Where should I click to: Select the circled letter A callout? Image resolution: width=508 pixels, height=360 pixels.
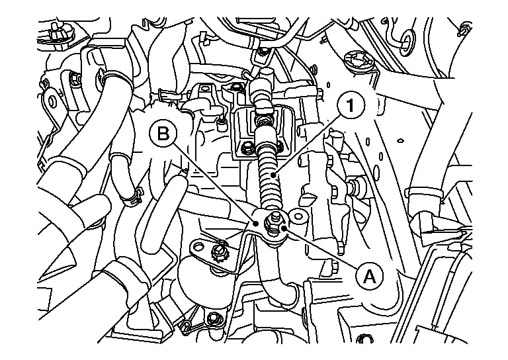(x=369, y=277)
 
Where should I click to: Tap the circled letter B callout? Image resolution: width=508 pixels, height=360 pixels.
(x=163, y=134)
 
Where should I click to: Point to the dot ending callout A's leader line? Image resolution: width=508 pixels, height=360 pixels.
(x=284, y=228)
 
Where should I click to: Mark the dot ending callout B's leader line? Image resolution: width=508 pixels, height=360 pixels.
(x=256, y=223)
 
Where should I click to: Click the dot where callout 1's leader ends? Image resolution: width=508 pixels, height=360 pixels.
(x=275, y=175)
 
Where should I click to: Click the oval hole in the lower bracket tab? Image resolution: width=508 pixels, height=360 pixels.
(x=198, y=247)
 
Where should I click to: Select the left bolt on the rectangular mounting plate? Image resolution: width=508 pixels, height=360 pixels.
(x=247, y=148)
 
